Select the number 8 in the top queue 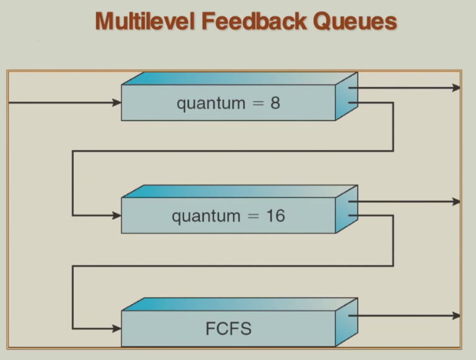pyautogui.click(x=275, y=103)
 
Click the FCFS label pyautogui.click(x=229, y=328)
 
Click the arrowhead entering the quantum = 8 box pyautogui.click(x=117, y=102)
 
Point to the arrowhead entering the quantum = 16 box pyautogui.click(x=117, y=215)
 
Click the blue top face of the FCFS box pyautogui.click(x=237, y=304)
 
